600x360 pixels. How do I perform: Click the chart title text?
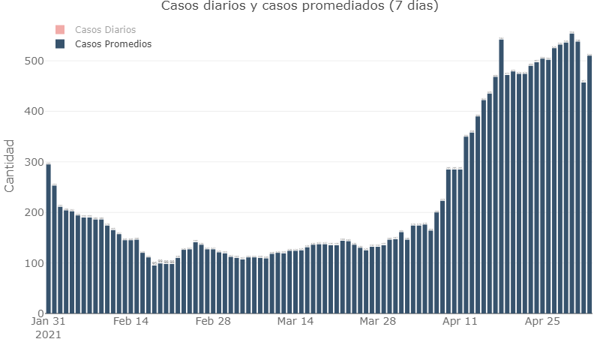tap(300, 7)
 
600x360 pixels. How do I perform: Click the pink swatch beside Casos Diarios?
tap(61, 29)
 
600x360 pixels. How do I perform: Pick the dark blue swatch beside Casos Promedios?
tap(61, 44)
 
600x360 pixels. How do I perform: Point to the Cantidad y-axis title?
tap(10, 165)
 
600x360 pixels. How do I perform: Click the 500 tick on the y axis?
tap(31, 61)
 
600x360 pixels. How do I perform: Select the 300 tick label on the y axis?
tap(31, 162)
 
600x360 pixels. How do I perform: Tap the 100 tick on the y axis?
tap(31, 263)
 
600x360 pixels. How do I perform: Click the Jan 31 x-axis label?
tap(48, 322)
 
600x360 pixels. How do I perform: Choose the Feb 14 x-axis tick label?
tap(130, 322)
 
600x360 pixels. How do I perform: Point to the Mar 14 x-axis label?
tap(295, 322)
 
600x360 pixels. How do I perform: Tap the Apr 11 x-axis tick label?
tap(460, 322)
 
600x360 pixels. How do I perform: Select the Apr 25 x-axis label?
tap(542, 322)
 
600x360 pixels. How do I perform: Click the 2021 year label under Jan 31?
tap(48, 334)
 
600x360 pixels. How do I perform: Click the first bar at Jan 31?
tap(48, 240)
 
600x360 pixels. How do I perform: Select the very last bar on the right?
tap(589, 187)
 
